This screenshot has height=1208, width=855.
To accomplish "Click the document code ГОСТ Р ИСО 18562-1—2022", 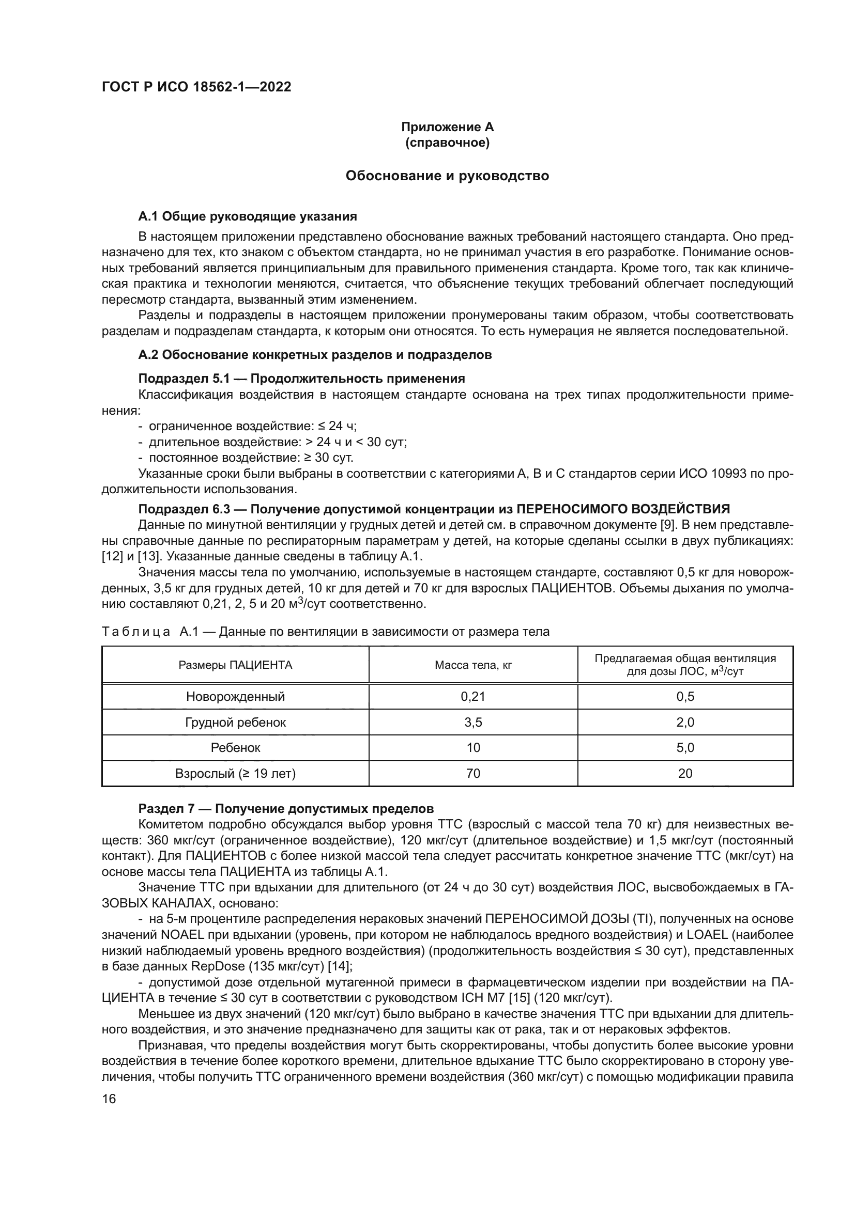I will (x=196, y=87).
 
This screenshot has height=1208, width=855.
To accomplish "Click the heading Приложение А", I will (x=447, y=127).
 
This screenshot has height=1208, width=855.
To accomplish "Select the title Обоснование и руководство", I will (x=447, y=176).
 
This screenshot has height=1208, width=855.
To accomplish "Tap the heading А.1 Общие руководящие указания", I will (x=248, y=216).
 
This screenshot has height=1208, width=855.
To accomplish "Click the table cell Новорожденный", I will (x=235, y=697).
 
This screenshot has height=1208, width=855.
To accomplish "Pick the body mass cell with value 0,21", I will (x=473, y=697).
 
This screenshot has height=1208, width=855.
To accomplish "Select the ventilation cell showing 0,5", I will (x=685, y=697).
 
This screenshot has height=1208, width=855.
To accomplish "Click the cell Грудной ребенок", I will (x=235, y=723).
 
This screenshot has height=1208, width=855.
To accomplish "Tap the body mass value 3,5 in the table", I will (x=473, y=723).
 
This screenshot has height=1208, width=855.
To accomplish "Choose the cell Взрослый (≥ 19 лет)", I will (x=235, y=774).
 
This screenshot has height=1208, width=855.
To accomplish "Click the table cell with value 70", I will (x=473, y=774).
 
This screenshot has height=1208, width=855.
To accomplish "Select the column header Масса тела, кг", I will (x=473, y=665).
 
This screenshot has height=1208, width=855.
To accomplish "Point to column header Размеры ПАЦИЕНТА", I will (x=235, y=665).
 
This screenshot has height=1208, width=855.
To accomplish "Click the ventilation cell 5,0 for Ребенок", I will (x=685, y=748).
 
